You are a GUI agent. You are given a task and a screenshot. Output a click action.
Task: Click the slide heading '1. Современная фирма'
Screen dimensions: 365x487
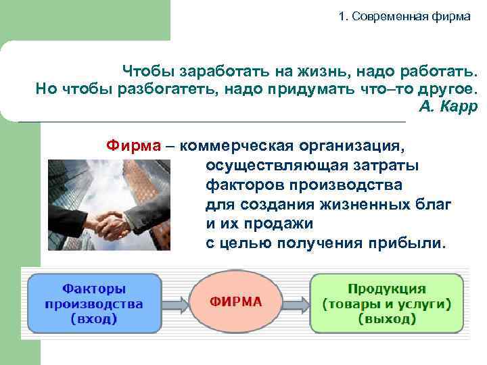point(404,16)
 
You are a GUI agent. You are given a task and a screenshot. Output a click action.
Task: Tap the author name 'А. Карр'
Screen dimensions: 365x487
point(448,107)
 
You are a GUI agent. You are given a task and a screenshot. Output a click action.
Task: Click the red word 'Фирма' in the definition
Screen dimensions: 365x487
point(133,145)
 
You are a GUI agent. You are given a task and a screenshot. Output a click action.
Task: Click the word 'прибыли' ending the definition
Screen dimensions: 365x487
point(416,243)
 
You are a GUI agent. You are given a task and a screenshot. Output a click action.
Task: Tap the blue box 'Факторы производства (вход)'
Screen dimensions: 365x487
point(93,303)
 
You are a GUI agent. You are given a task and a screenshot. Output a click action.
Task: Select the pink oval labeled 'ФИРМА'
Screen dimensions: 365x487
point(234,302)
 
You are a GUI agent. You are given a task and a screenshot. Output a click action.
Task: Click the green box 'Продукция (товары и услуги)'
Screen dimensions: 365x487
point(387,303)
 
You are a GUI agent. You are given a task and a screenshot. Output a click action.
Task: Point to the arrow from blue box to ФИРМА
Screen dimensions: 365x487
point(174,303)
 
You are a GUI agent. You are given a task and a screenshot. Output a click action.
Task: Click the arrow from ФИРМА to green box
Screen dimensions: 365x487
point(295,303)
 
